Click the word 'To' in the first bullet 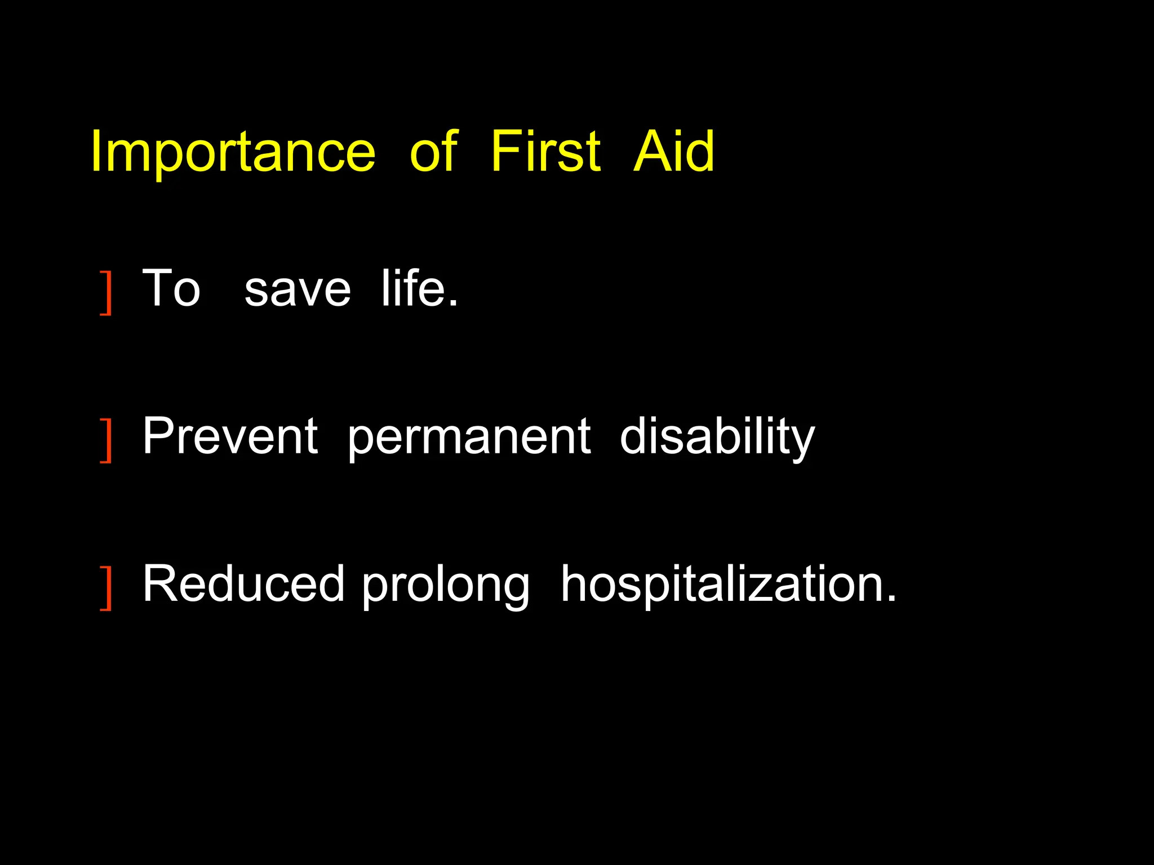[x=171, y=288]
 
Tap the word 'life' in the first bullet [x=414, y=288]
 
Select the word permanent [x=469, y=438]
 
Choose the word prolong [x=445, y=586]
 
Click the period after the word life [x=453, y=304]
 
